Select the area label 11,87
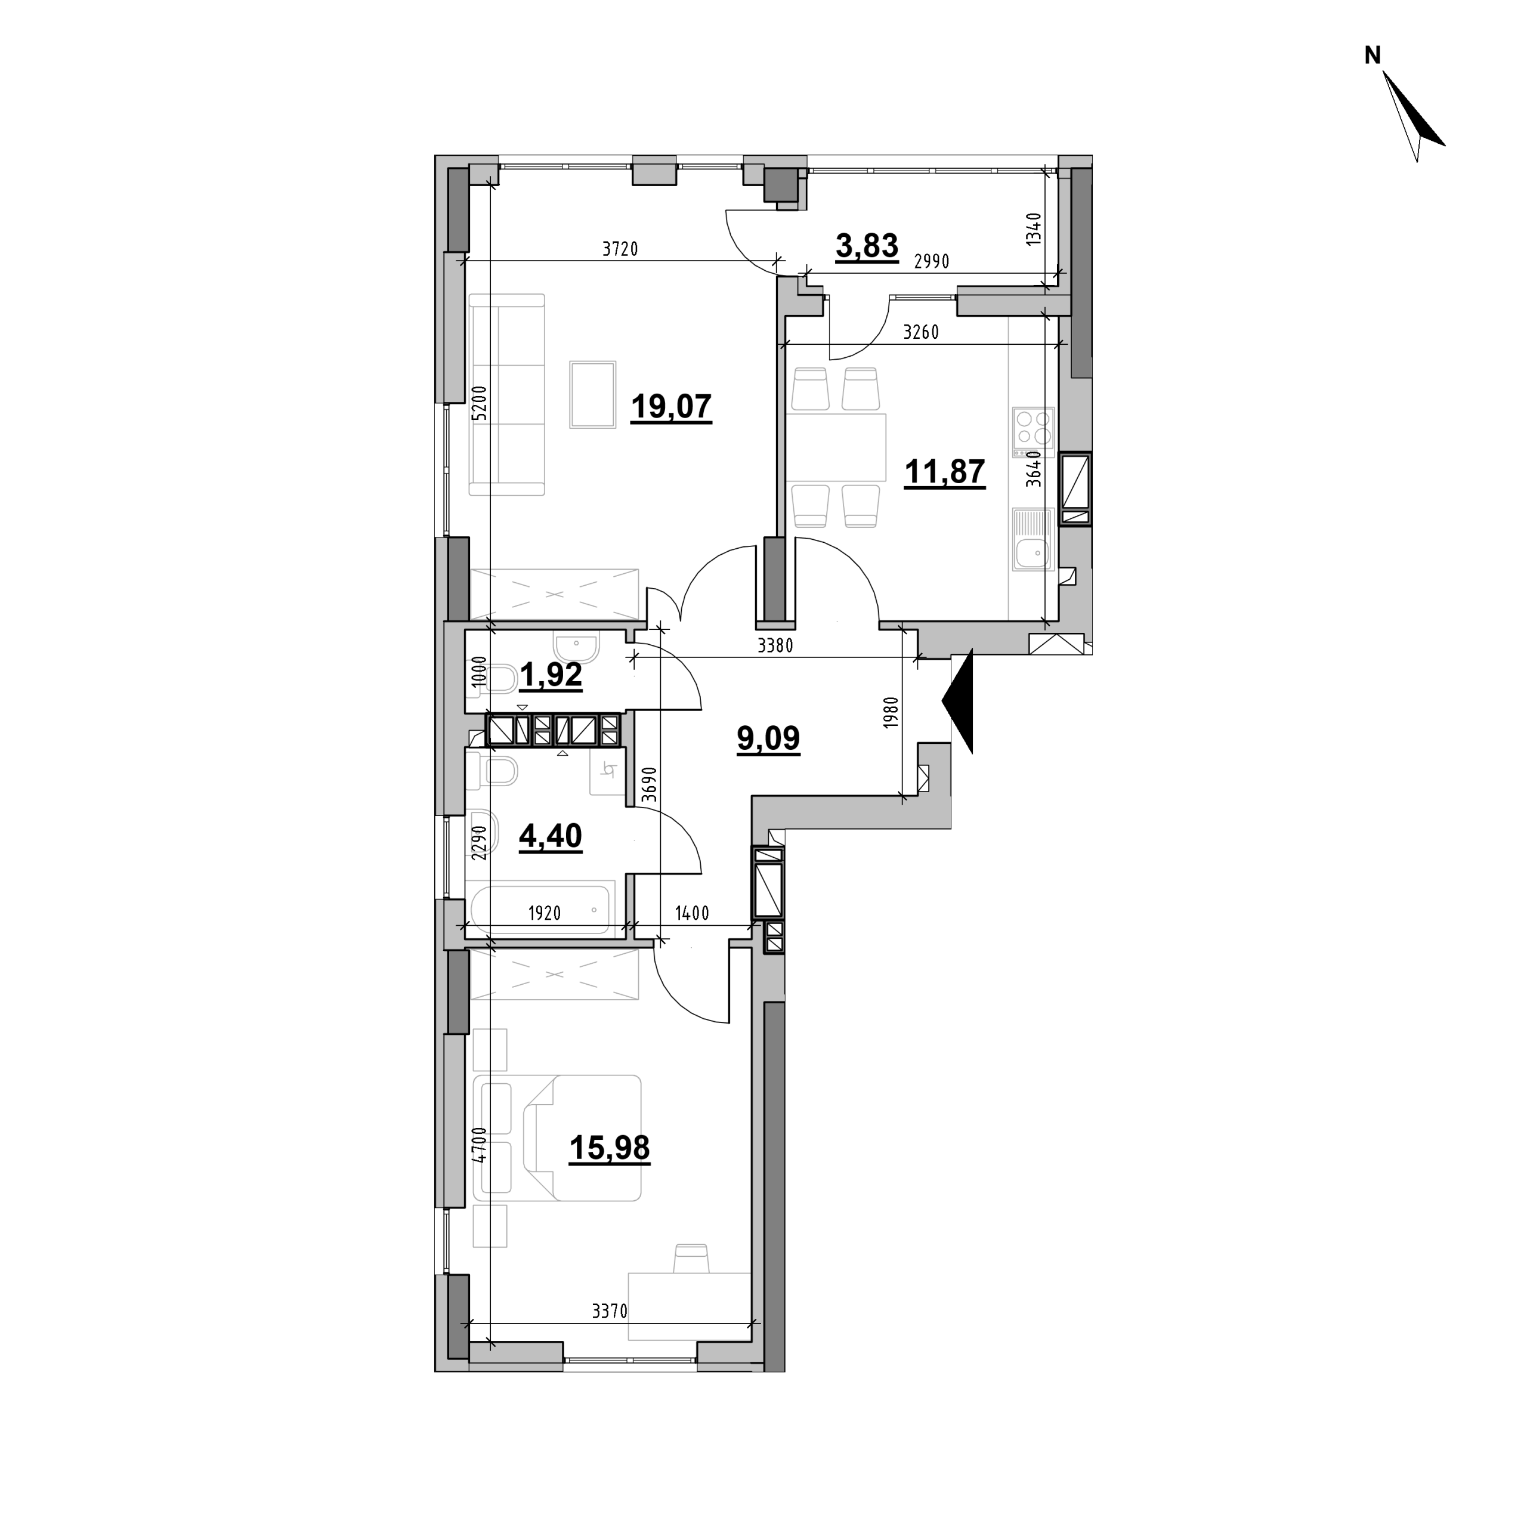[944, 472]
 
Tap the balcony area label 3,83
[867, 246]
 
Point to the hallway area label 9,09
[768, 738]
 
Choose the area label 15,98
[610, 1148]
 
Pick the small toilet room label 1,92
[551, 676]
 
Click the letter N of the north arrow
[1373, 55]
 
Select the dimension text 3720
[620, 250]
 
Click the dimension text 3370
[610, 1312]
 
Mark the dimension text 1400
[691, 914]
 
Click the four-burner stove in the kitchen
[1033, 432]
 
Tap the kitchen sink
[1033, 539]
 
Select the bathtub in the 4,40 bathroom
[540, 910]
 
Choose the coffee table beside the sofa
[593, 394]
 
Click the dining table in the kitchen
[836, 448]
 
